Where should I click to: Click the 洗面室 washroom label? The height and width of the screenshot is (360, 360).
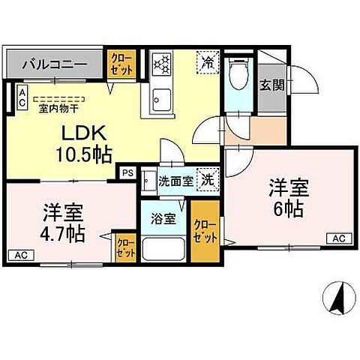click(x=174, y=181)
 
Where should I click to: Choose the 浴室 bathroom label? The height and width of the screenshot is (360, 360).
click(x=163, y=220)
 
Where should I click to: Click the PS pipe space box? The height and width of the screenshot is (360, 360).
click(x=127, y=172)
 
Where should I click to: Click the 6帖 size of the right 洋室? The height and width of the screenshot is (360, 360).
click(x=288, y=208)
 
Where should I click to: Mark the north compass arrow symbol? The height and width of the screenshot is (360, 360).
click(x=337, y=298)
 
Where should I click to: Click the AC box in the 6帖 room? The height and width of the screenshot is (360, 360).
click(x=337, y=238)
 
